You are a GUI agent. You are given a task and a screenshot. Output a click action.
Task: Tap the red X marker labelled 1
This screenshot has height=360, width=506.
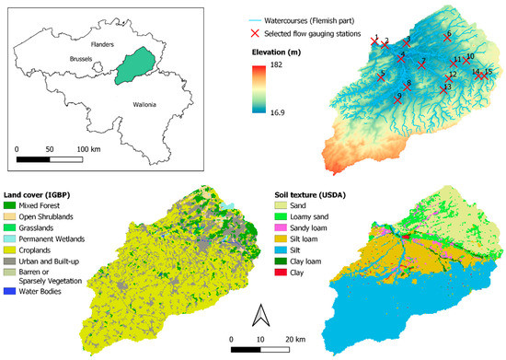coord(374,41)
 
